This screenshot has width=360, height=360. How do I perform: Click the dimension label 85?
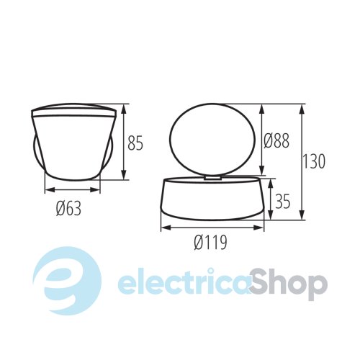coord(135,143)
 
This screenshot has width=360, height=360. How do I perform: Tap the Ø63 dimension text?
coord(68,208)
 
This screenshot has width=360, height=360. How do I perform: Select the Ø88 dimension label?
coord(276,140)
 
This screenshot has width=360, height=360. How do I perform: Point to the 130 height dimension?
coord(314,161)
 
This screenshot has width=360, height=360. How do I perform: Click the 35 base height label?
coord(282,200)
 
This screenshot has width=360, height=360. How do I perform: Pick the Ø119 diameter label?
coord(210,242)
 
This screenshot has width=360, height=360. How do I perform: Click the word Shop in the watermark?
coord(288,285)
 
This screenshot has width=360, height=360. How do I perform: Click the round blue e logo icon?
coord(66,281)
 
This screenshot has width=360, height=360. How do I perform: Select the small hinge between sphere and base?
coord(213,178)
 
